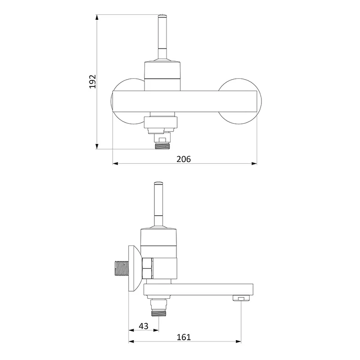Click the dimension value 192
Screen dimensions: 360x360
click(x=93, y=81)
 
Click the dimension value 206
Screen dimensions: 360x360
click(x=184, y=159)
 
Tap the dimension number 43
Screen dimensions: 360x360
click(x=144, y=326)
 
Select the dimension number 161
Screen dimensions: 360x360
click(x=184, y=337)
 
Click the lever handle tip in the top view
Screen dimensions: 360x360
click(x=162, y=16)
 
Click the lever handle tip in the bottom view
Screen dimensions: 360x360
click(x=158, y=183)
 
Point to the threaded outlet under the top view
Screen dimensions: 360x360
click(x=162, y=146)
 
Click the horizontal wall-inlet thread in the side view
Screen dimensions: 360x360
click(x=121, y=268)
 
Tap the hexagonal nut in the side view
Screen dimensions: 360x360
click(x=148, y=268)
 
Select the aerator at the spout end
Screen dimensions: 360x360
click(x=241, y=298)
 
